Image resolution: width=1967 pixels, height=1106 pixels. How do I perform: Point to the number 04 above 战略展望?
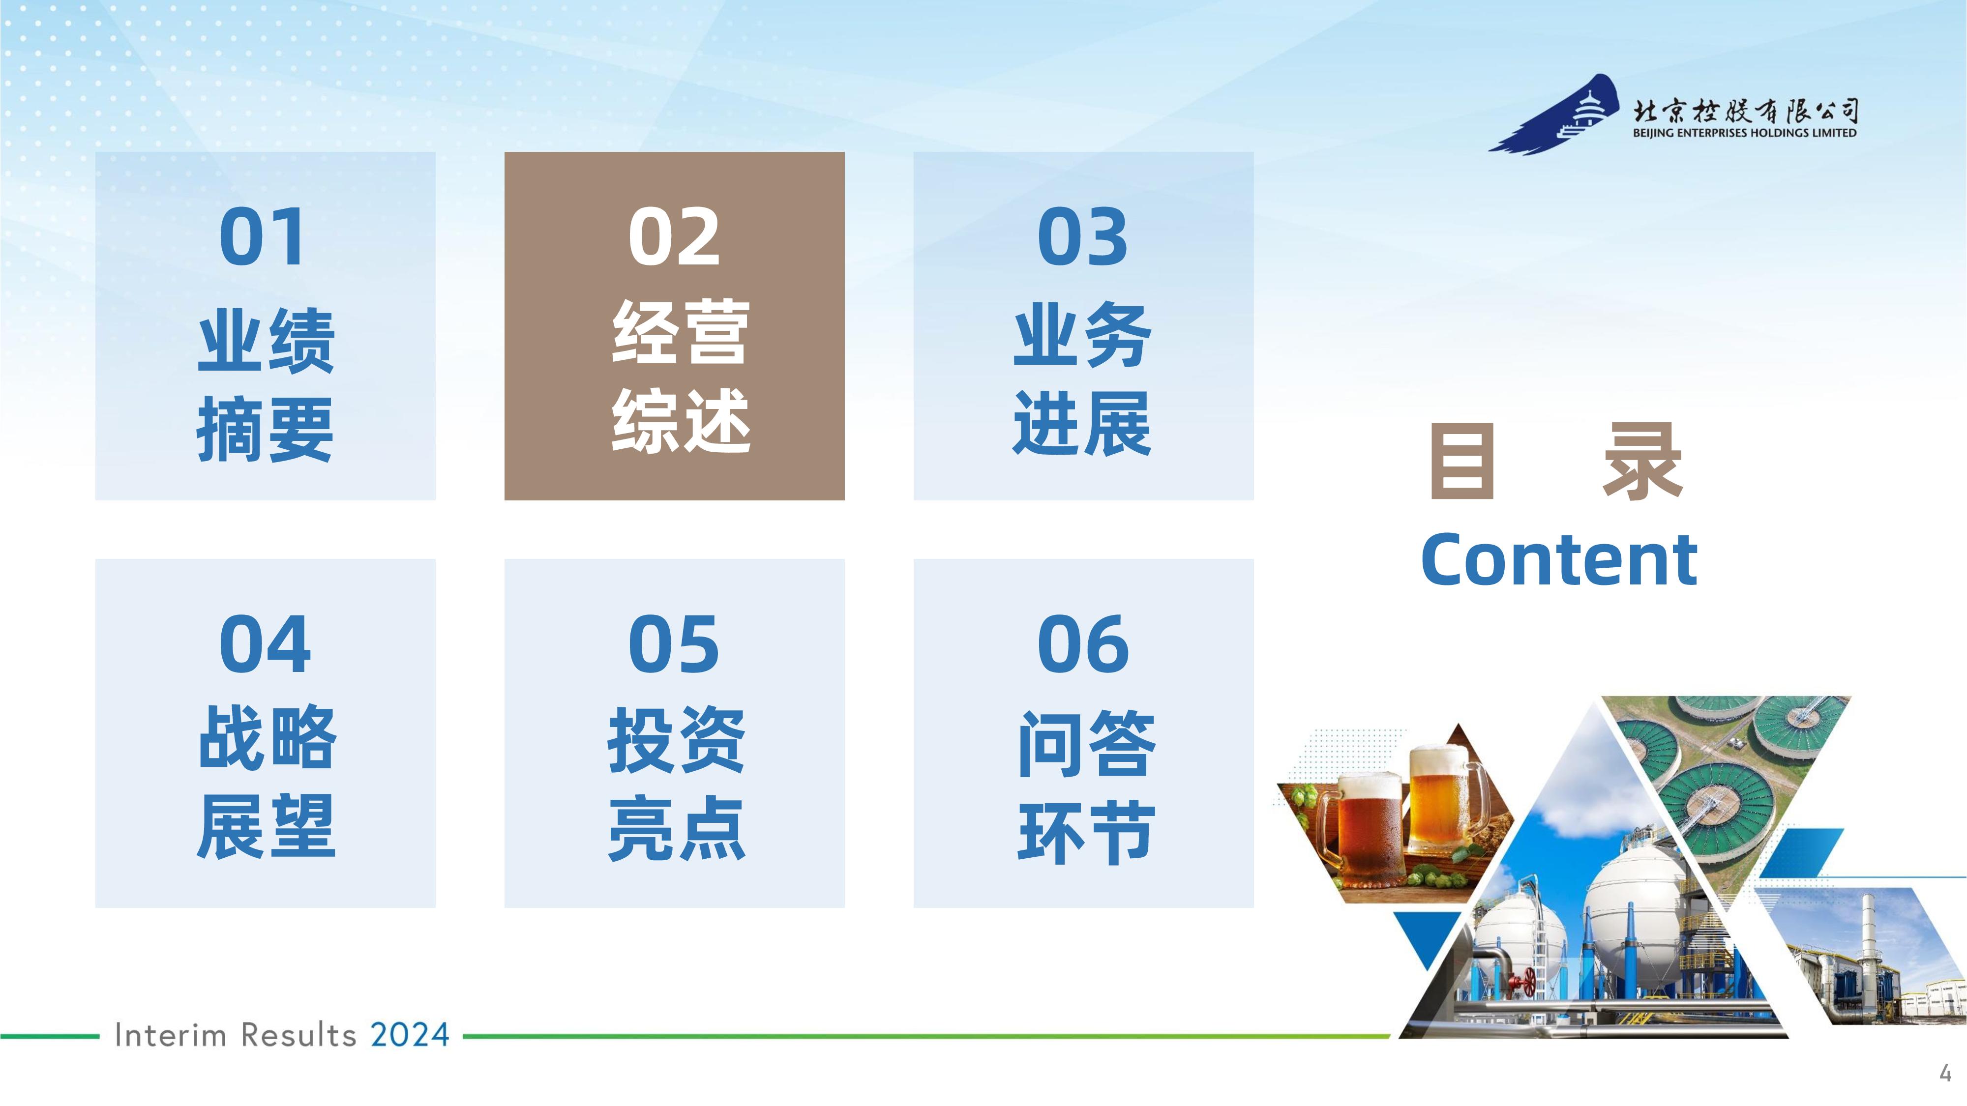coord(265,644)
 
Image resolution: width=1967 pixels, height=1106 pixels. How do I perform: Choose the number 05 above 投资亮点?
coord(674,644)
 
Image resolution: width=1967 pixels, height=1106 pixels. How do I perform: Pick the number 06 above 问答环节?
coord(1083,644)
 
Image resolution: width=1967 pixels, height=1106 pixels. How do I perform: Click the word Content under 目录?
coord(1559,560)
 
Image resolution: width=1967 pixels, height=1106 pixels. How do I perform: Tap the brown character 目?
coord(1461,461)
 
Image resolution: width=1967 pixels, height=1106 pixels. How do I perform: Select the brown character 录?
coord(1642,461)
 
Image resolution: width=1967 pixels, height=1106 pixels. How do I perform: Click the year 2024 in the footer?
coord(410,1035)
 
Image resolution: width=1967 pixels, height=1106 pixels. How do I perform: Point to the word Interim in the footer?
coord(170,1035)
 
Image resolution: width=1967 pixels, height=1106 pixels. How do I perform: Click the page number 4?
coord(1945,1073)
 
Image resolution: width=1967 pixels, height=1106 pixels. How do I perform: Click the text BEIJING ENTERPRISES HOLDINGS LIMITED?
coord(1745,133)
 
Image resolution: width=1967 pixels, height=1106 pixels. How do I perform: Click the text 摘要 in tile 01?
coord(265,429)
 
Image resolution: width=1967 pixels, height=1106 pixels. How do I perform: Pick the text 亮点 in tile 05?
coord(676,828)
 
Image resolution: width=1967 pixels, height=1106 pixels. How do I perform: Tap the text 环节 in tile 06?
coord(1085,832)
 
